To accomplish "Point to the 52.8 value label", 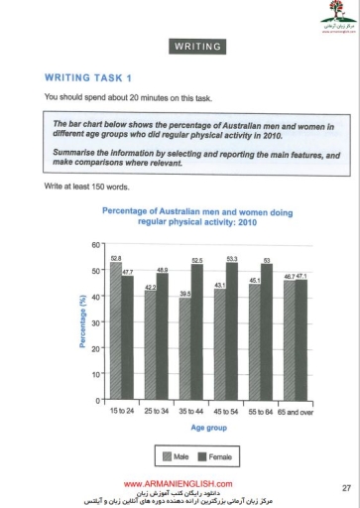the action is pyautogui.click(x=116, y=258).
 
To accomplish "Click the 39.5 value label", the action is pyautogui.click(x=184, y=293).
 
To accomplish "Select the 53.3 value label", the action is pyautogui.click(x=232, y=257).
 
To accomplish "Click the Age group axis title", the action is pyautogui.click(x=209, y=428).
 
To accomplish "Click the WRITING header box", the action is pyautogui.click(x=197, y=47).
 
